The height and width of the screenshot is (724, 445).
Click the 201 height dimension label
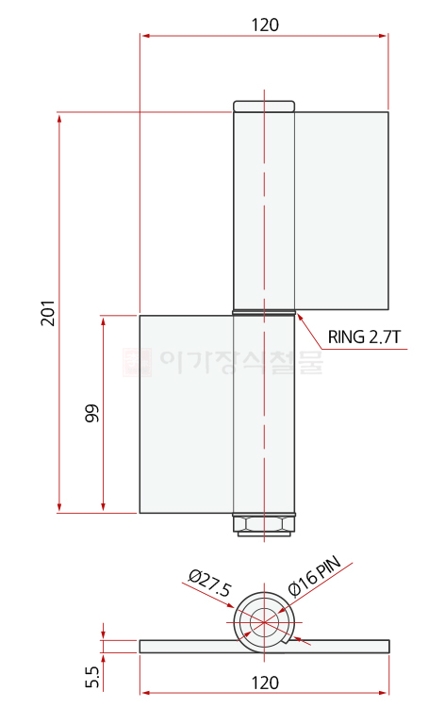(48, 313)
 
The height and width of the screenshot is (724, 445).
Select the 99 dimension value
(91, 413)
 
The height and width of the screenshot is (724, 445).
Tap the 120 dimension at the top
(265, 25)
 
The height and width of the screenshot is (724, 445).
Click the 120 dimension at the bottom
(265, 683)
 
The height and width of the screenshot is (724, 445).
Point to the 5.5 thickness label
(92, 677)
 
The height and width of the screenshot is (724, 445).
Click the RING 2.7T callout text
(364, 337)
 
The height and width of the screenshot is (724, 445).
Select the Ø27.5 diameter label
(210, 583)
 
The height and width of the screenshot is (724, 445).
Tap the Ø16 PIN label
(314, 576)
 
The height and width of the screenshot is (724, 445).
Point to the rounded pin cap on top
(264, 107)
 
